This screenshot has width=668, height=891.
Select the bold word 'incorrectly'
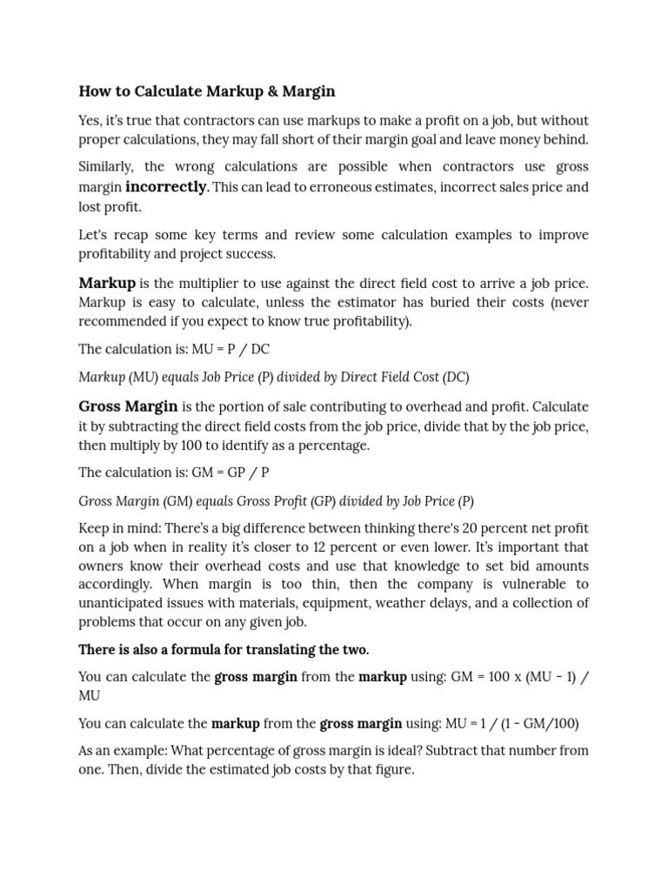pos(166,186)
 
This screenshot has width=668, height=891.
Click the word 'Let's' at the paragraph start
pos(94,235)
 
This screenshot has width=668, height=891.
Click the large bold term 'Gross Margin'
pos(128,406)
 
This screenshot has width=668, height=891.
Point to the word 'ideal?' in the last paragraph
pos(440,750)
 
